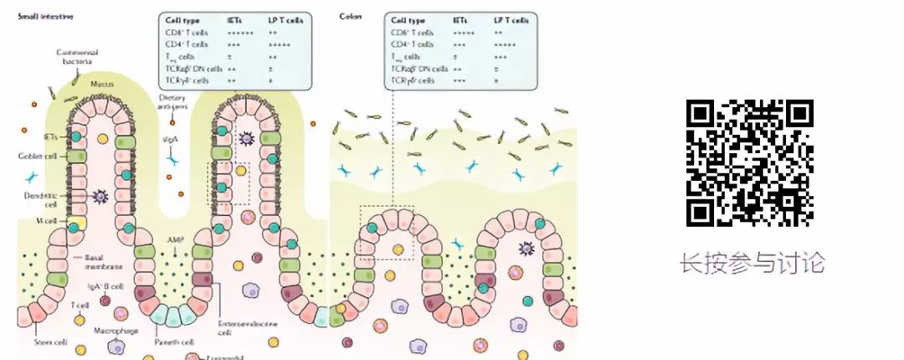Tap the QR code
point(749,162)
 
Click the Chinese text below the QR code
point(752,264)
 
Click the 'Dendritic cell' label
point(39,198)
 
